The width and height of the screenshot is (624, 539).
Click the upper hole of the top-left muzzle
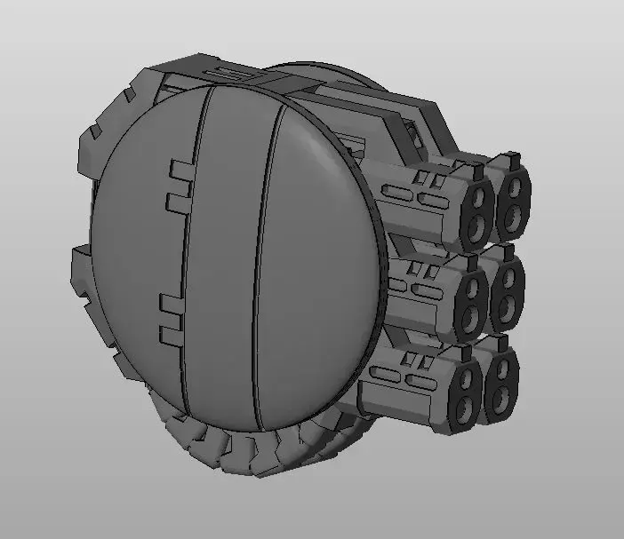480,195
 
